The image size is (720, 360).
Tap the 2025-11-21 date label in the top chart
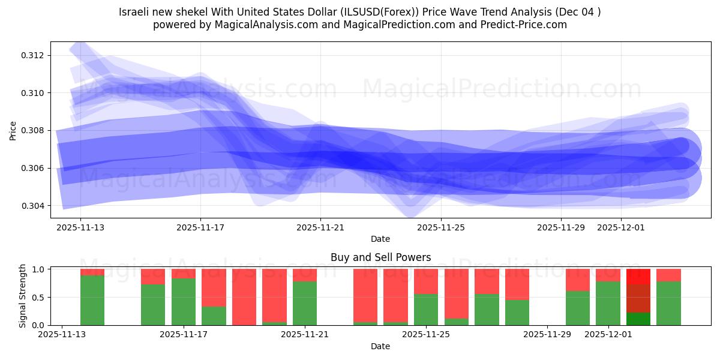click(x=320, y=227)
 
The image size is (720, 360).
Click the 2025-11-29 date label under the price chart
click(x=560, y=227)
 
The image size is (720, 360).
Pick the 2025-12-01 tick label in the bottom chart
click(x=608, y=335)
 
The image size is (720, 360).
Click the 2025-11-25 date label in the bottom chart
click(x=425, y=335)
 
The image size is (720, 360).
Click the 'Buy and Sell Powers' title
click(x=380, y=257)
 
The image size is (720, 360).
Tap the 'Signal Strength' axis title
click(x=22, y=296)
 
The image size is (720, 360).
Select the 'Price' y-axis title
click(x=13, y=130)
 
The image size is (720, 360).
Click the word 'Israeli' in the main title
click(x=134, y=12)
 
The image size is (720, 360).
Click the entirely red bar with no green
click(x=244, y=297)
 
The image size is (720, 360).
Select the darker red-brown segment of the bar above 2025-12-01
click(x=638, y=298)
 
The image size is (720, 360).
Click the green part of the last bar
click(x=668, y=303)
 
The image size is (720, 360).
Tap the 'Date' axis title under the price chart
click(x=380, y=239)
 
